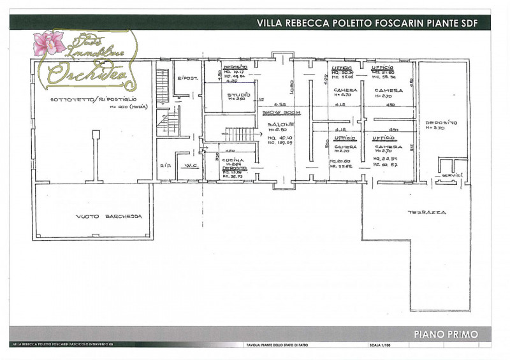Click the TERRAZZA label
[x=428, y=212]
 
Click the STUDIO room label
[x=237, y=94]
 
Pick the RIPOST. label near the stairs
[x=189, y=78]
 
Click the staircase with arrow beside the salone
[x=242, y=134]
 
